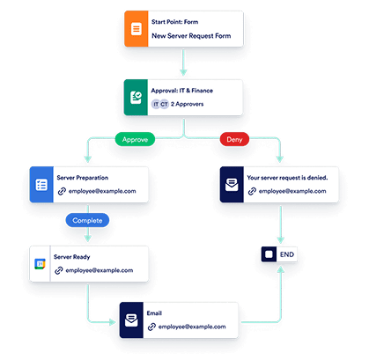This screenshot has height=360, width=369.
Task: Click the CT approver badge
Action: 166,104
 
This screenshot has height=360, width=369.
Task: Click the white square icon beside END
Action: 269,255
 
